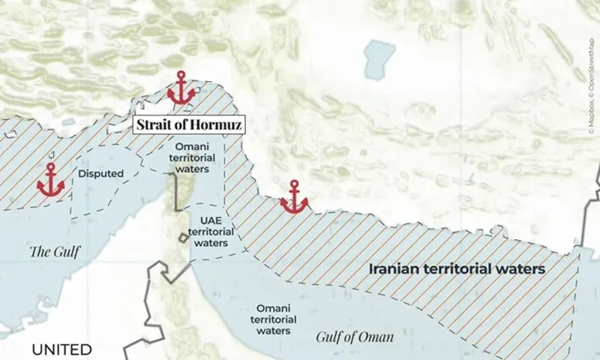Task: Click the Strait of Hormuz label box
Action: pyautogui.click(x=188, y=125)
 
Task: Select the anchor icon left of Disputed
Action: pyautogui.click(x=51, y=180)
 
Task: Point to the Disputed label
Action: pyautogui.click(x=100, y=174)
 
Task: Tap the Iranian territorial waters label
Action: pyautogui.click(x=457, y=268)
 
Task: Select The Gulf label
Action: pyautogui.click(x=54, y=251)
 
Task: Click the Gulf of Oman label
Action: pyautogui.click(x=355, y=337)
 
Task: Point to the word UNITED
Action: pyautogui.click(x=61, y=349)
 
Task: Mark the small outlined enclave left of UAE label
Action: pyautogui.click(x=183, y=238)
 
